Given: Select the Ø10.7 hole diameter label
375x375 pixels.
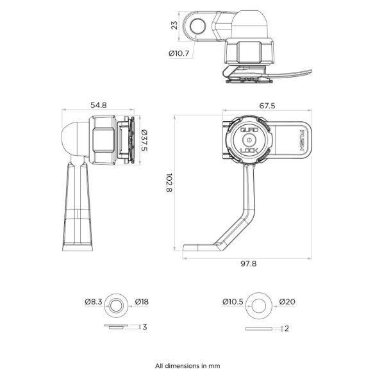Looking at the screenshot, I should tap(179, 54).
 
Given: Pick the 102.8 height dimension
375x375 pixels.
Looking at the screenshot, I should tap(169, 184).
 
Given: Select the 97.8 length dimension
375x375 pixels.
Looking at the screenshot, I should tap(247, 263).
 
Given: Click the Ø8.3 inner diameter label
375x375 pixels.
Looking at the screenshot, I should tap(93, 301).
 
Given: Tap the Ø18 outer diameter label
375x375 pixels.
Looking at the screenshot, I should tap(143, 301).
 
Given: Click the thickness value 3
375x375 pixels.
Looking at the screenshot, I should tap(145, 327).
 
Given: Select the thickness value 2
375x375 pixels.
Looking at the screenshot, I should tap(287, 329).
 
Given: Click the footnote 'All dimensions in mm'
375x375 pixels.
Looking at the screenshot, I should tap(187, 365).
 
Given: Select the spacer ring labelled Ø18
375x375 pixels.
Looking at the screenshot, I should tap(117, 301).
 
